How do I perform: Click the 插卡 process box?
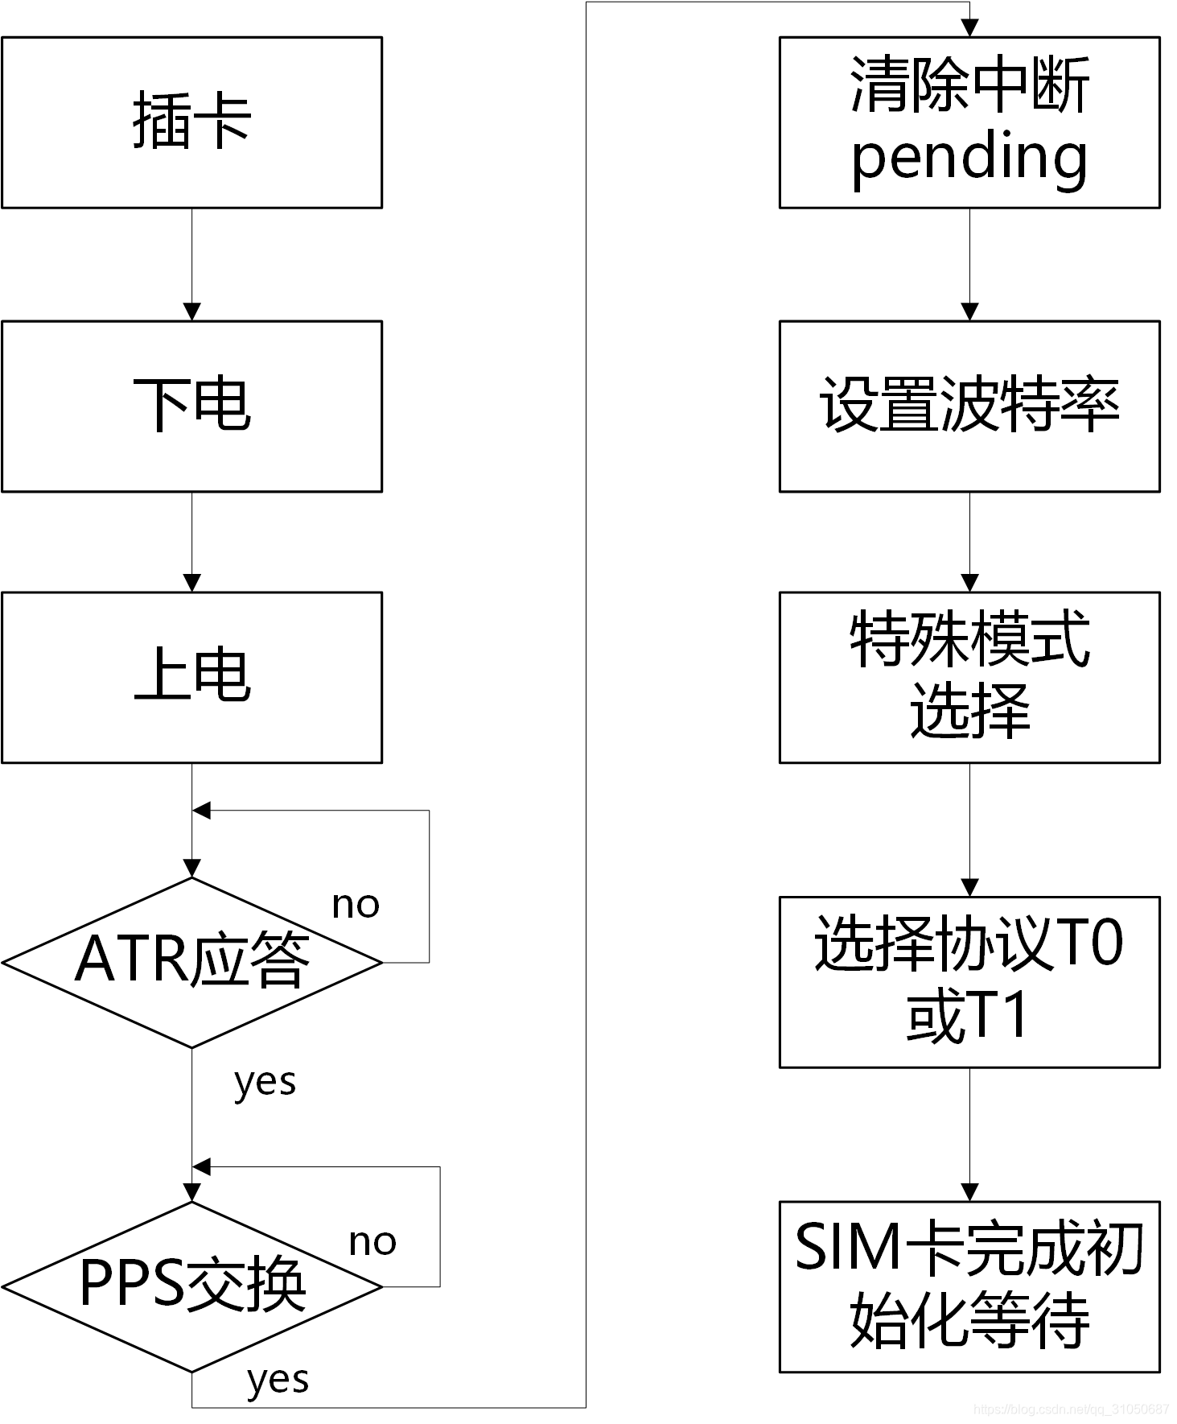point(191,122)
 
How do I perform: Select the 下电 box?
point(191,406)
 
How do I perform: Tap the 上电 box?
point(191,677)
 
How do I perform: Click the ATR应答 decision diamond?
point(191,961)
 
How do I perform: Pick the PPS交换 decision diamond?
point(191,1286)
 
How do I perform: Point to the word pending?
point(969,158)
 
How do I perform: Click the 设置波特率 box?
point(969,406)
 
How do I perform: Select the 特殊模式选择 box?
point(969,677)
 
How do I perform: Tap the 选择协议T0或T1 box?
point(969,981)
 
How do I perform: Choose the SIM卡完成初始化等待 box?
point(969,1286)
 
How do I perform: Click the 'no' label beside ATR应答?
point(356,905)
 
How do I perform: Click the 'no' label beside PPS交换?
point(372,1242)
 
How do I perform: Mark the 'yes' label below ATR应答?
point(265,1083)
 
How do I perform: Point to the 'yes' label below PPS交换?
point(278,1380)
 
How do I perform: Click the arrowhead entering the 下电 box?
point(191,312)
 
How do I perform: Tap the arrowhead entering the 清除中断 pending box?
point(969,28)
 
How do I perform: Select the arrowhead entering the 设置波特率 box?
point(969,312)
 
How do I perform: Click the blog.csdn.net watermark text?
point(1070,1410)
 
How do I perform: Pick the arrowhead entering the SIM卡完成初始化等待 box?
point(969,1192)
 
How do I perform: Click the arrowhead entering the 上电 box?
point(191,583)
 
